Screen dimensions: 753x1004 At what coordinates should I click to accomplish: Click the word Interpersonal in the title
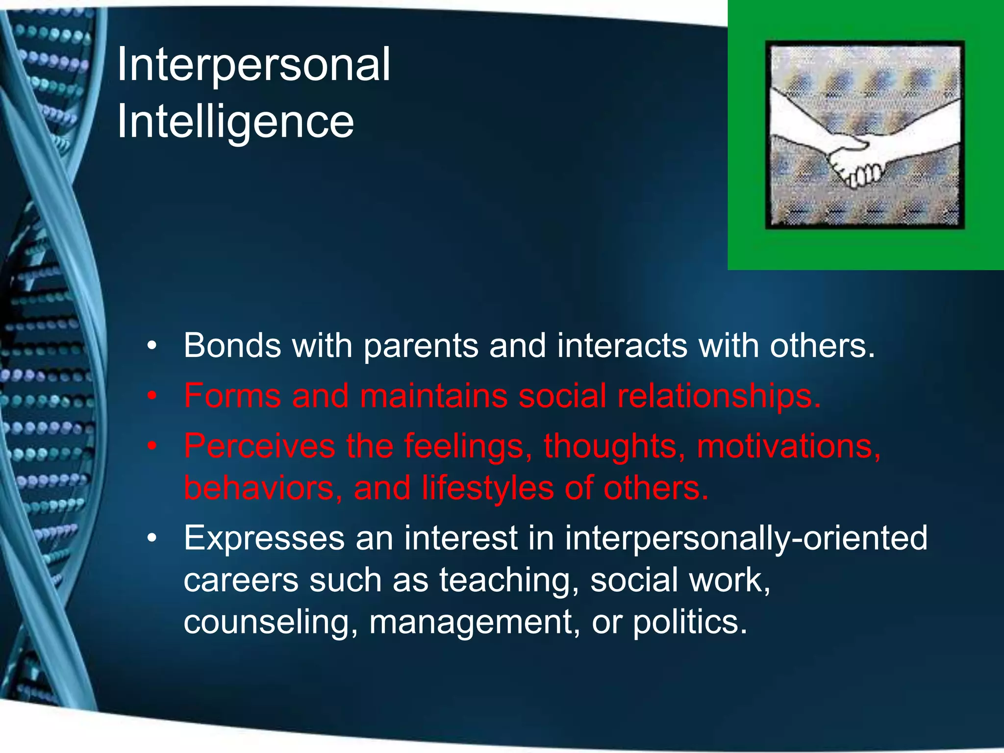coord(253,65)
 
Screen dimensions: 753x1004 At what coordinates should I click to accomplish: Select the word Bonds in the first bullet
coord(232,346)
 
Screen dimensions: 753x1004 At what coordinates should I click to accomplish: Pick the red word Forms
coord(232,396)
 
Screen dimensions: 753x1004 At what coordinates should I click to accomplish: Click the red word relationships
coord(719,396)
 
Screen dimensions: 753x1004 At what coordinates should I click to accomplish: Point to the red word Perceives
coord(259,446)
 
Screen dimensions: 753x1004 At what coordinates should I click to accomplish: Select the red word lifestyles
coord(487,488)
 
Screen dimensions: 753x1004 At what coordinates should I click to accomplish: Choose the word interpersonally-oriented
coord(746,538)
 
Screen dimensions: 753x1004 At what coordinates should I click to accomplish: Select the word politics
coord(690,622)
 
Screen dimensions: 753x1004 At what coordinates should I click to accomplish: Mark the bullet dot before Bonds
coord(152,346)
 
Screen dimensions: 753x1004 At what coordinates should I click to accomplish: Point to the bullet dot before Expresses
coord(152,538)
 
